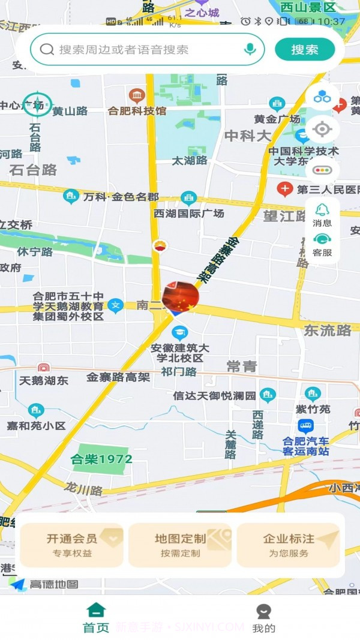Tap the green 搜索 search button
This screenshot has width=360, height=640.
[x=305, y=50]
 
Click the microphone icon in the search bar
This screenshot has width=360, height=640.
[x=250, y=50]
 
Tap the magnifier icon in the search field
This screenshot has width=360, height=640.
[x=47, y=50]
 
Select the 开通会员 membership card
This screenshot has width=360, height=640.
[x=71, y=545]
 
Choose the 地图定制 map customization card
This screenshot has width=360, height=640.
[x=180, y=545]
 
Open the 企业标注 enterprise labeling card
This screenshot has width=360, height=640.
[x=289, y=545]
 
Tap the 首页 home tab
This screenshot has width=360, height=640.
[x=96, y=618]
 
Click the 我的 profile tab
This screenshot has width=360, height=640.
[x=263, y=618]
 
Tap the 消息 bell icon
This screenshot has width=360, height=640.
[x=322, y=210]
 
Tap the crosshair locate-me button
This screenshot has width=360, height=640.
[x=322, y=129]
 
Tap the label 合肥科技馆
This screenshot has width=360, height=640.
[x=137, y=110]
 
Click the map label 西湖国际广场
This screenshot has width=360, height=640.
[x=188, y=214]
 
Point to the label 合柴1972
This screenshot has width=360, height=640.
[x=101, y=459]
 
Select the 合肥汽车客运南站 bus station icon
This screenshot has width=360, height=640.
[x=305, y=426]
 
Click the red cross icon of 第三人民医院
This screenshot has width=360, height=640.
[x=284, y=190]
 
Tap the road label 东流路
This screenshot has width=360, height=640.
[x=328, y=330]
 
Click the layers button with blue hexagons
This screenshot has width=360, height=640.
[x=322, y=96]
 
